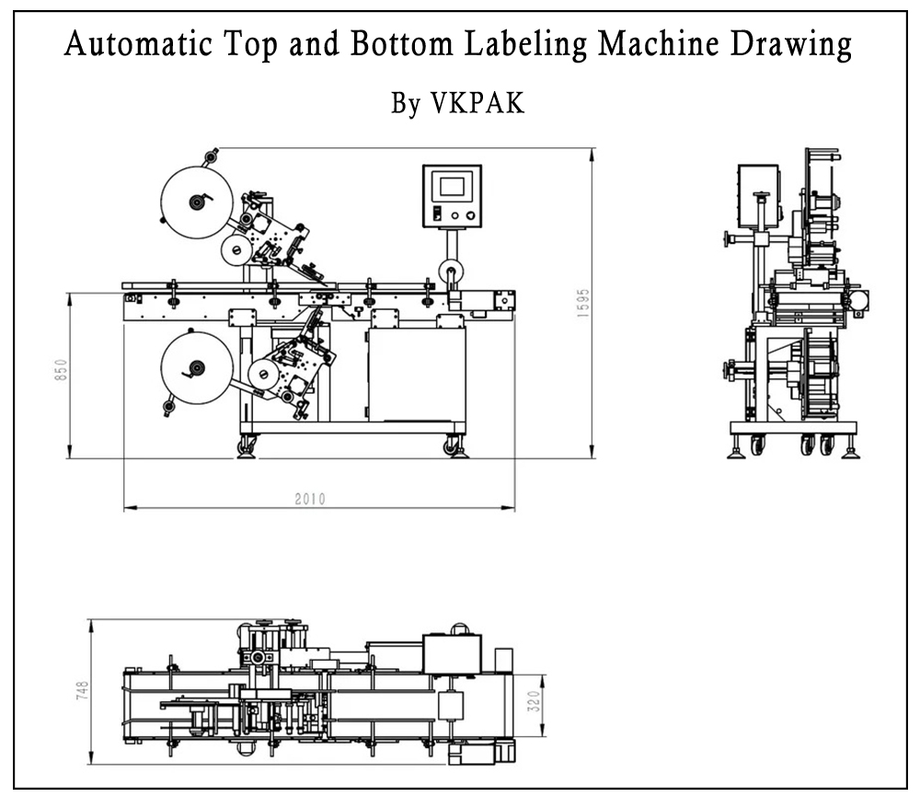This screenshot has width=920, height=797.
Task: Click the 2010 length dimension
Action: [x=310, y=499]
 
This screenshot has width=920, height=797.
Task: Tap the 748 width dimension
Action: [x=83, y=689]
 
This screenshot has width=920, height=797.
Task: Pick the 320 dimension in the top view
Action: [x=533, y=705]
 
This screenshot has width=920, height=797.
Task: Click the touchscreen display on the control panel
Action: [x=452, y=187]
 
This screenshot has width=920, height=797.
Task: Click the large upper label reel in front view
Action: [x=194, y=202]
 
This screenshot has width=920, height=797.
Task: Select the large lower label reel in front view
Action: [x=194, y=370]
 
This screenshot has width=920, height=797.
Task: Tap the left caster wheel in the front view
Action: [x=247, y=445]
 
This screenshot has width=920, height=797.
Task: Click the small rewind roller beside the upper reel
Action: [x=236, y=248]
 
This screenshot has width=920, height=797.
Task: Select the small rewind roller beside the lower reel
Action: [x=263, y=374]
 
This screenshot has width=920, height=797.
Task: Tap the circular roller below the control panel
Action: [x=451, y=271]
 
